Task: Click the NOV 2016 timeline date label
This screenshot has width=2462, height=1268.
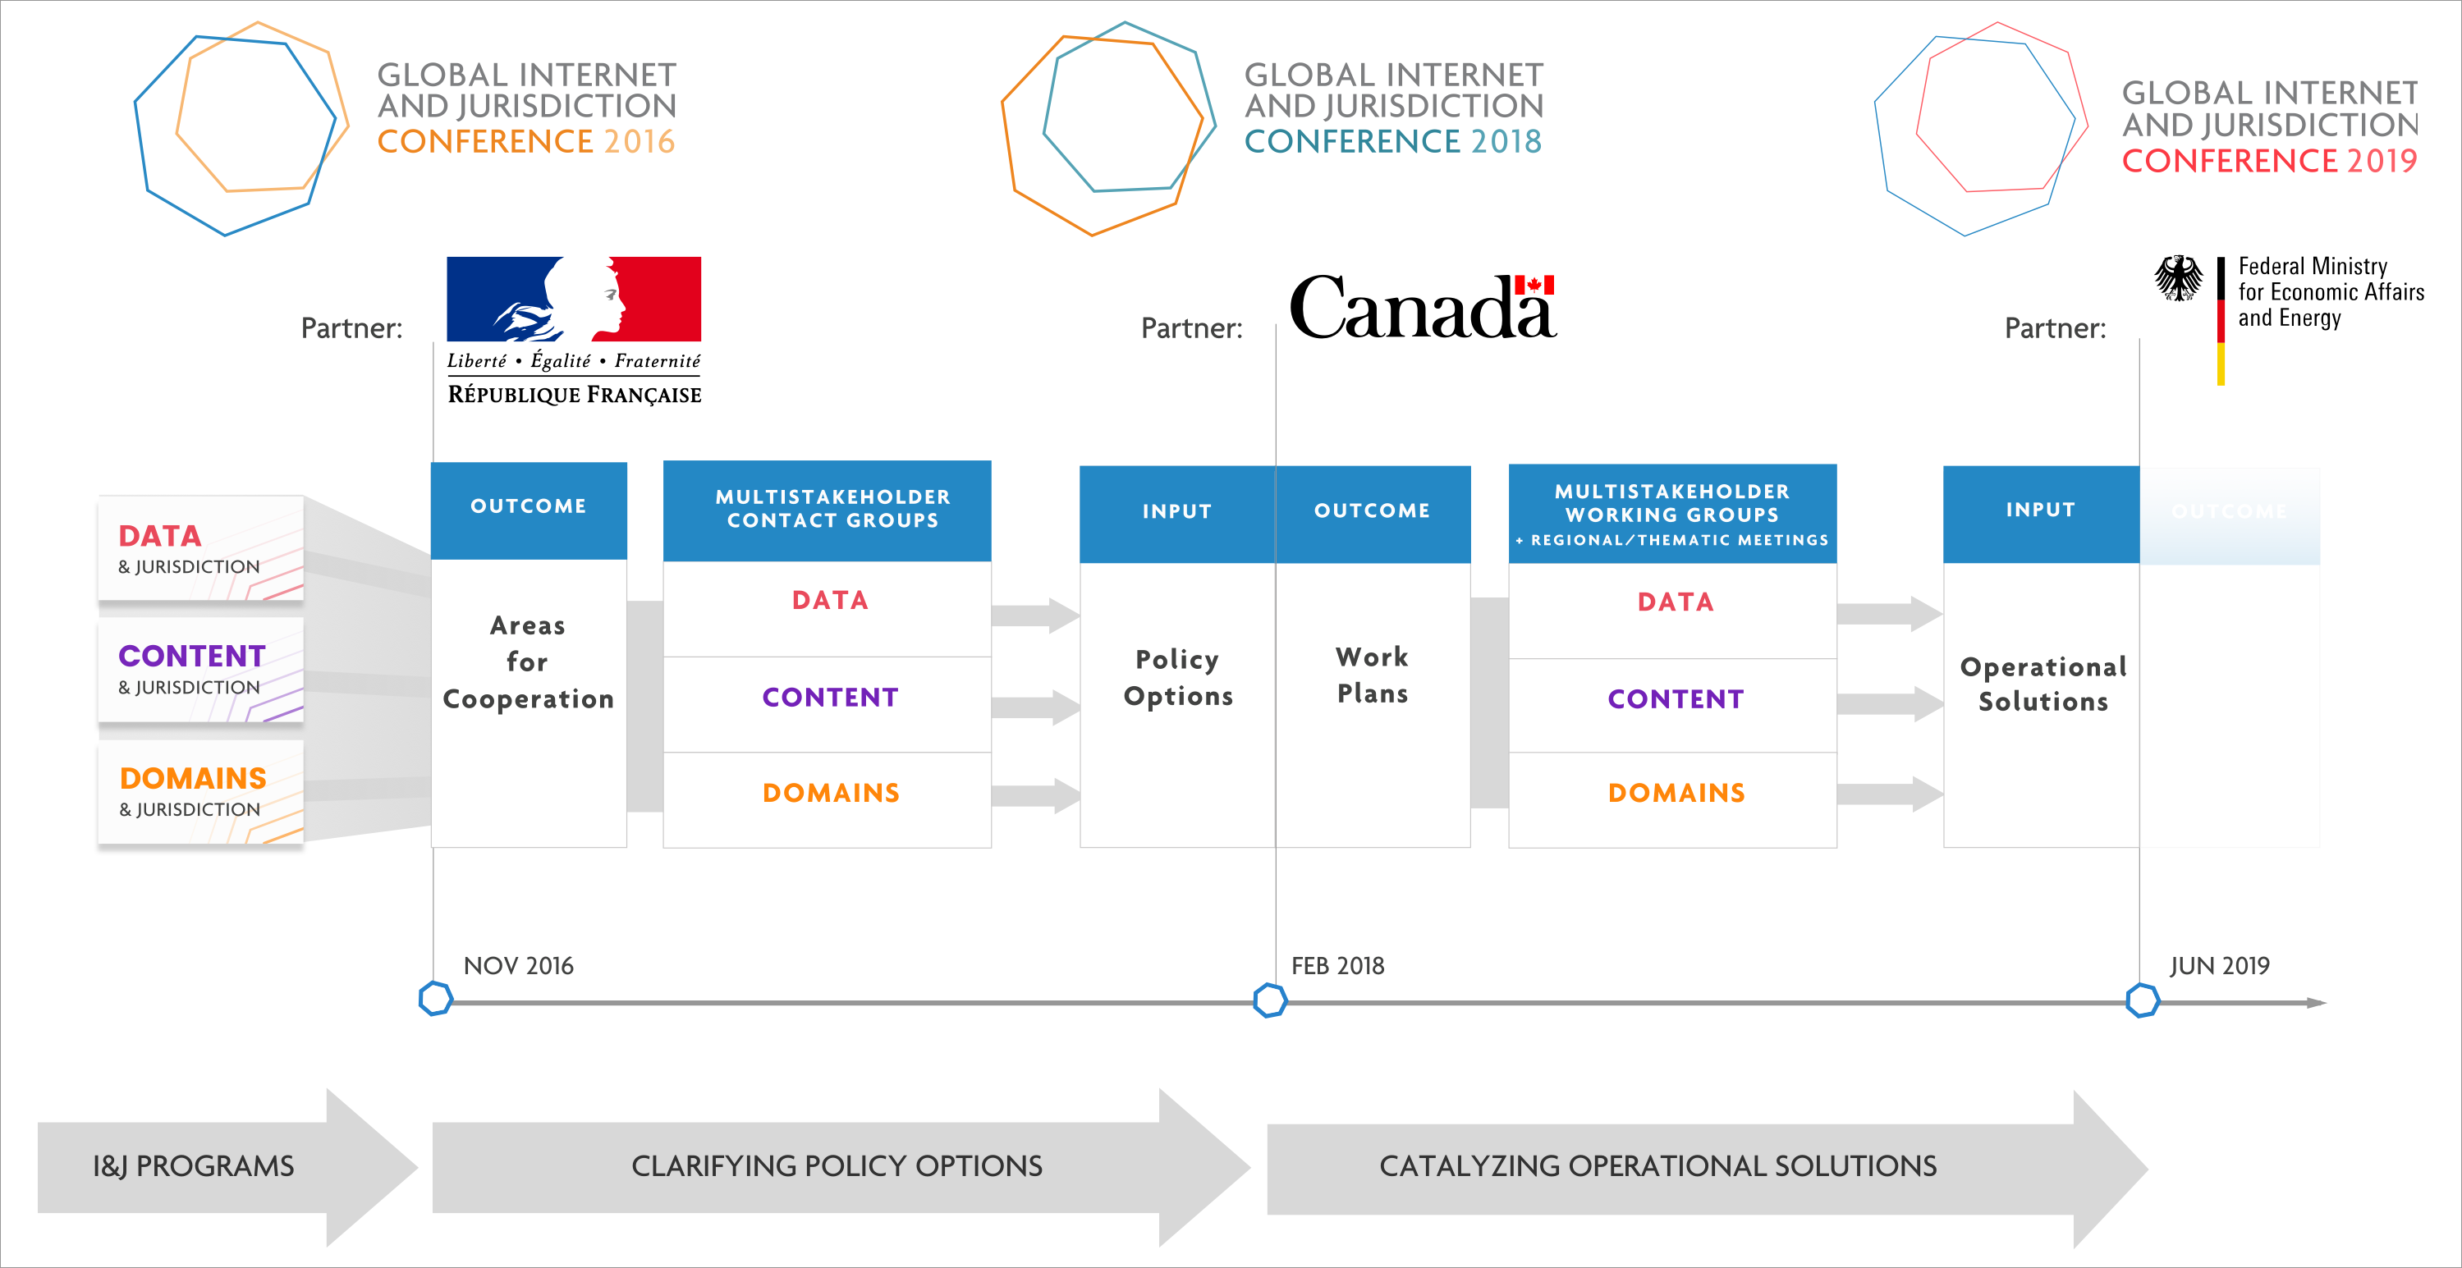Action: (518, 966)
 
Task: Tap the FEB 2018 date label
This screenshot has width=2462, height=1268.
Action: (1337, 966)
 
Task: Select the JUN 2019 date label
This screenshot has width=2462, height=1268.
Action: (2219, 966)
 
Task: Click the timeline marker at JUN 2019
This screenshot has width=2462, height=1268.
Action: (2142, 1000)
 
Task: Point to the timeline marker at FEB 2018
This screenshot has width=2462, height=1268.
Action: (1269, 1000)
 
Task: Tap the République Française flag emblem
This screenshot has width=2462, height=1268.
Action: (575, 299)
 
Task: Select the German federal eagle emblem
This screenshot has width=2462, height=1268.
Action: (2178, 278)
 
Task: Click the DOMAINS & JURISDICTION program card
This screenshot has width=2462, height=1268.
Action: (200, 792)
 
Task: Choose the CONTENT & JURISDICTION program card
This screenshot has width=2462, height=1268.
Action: (200, 670)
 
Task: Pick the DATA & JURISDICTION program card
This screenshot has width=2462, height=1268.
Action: (200, 548)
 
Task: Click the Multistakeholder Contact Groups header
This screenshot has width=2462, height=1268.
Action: (827, 510)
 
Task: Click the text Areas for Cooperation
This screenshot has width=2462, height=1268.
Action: (528, 662)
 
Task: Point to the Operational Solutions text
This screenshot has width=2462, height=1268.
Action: (2042, 684)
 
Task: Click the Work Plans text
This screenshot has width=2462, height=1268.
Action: (1373, 675)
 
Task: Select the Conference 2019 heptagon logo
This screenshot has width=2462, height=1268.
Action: (1980, 128)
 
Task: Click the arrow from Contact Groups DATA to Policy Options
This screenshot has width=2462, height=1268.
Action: (1036, 616)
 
